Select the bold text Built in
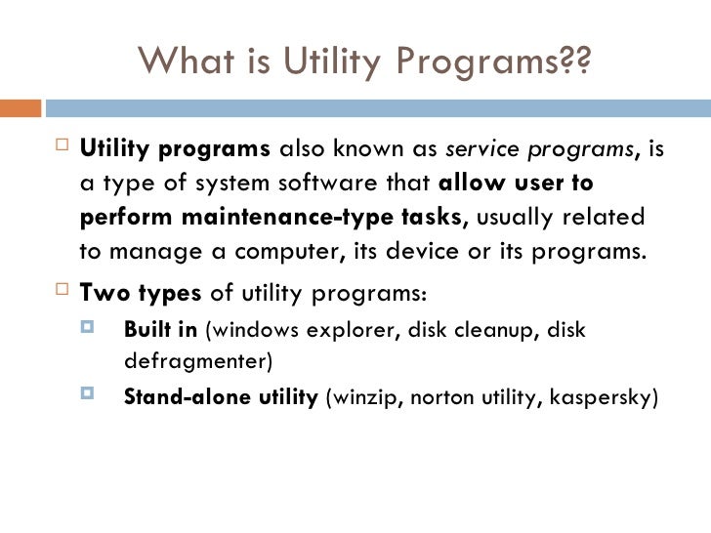tap(159, 329)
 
